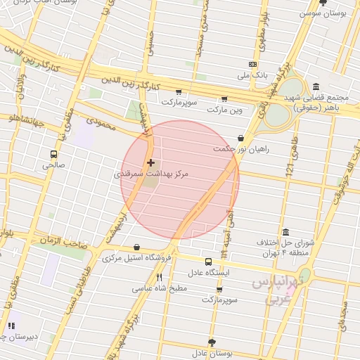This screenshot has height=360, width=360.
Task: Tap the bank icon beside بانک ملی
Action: click(253, 64)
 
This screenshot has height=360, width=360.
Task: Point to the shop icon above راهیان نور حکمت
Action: click(241, 139)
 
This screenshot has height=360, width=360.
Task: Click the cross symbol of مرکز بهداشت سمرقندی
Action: click(151, 162)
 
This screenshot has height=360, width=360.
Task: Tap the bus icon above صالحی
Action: click(53, 154)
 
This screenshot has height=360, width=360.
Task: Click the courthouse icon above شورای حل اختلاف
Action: click(285, 232)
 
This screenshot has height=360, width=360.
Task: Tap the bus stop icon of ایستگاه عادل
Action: click(207, 262)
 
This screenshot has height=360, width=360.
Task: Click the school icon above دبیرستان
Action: click(11, 326)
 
